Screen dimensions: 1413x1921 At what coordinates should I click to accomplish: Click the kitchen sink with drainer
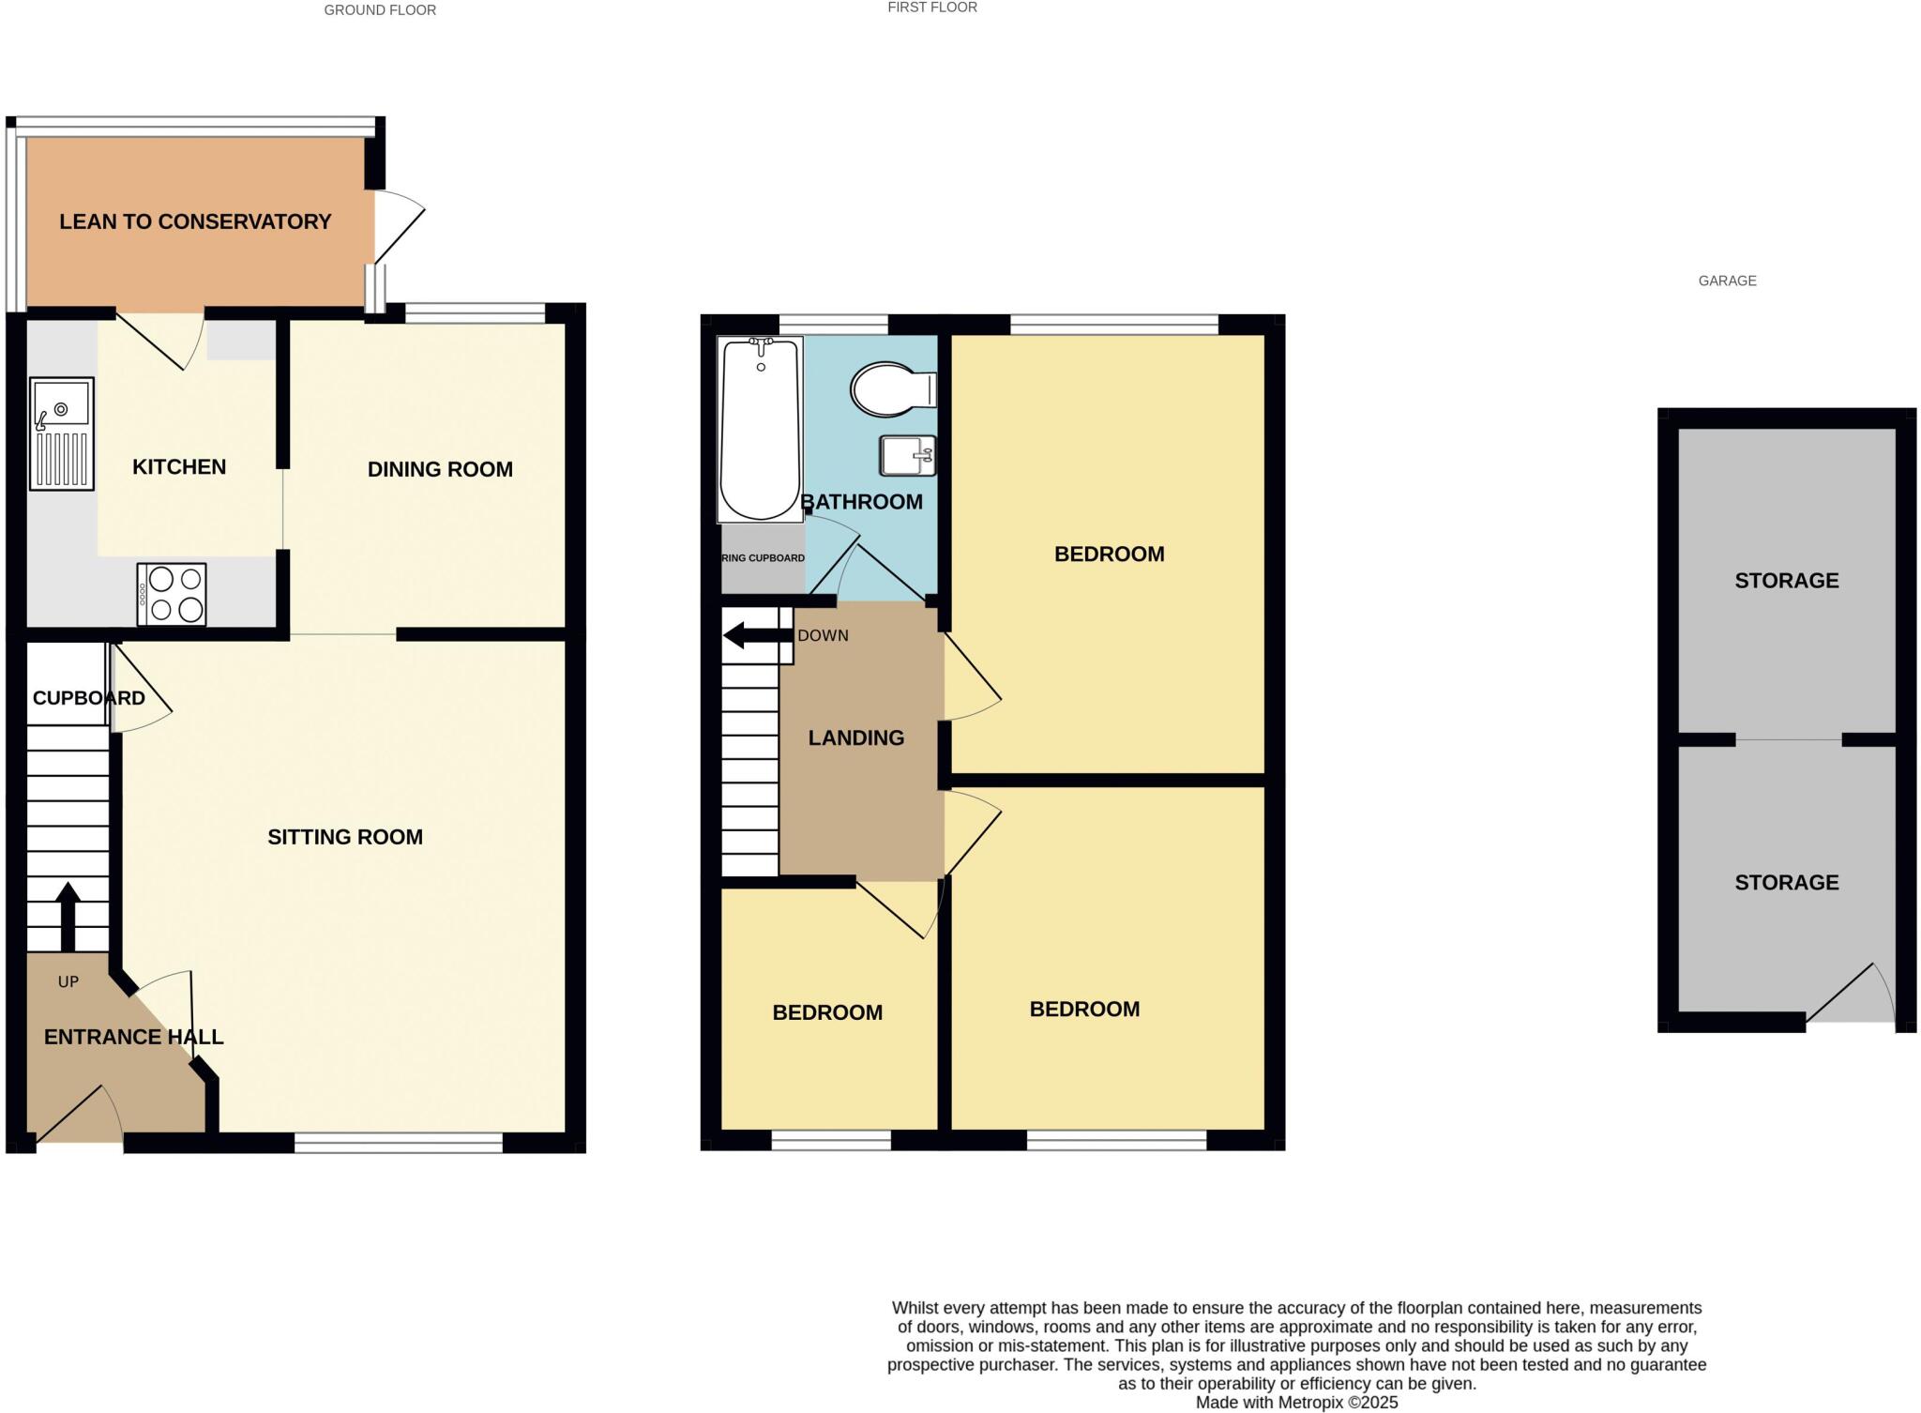coord(62,433)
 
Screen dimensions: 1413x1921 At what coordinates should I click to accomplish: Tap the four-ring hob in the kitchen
coord(172,594)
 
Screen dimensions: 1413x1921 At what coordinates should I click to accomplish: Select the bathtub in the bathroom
coord(760,429)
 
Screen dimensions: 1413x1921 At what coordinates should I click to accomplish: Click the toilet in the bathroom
coord(892,388)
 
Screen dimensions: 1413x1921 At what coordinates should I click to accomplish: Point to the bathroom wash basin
coord(907,455)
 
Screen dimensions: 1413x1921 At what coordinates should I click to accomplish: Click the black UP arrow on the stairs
coord(68,916)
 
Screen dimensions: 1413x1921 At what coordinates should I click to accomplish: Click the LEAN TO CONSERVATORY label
coord(195,221)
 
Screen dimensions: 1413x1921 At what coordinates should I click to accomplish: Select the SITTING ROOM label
coord(344,837)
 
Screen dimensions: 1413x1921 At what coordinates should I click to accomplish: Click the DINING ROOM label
coord(440,469)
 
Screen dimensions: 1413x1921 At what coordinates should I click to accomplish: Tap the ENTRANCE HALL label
coord(133,1037)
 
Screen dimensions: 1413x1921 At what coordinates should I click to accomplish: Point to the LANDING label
coord(855,738)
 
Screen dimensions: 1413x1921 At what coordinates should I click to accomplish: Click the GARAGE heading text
coord(1727,281)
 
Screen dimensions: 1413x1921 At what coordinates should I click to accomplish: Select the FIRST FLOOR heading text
coord(931,8)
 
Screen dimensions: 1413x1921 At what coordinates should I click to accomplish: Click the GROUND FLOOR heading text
coord(380,10)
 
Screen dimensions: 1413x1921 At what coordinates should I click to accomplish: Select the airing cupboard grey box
coord(763,559)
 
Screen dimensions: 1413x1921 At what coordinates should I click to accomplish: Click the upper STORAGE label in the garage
coord(1786,581)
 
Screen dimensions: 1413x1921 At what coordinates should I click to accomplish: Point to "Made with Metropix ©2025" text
coord(1295,1403)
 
